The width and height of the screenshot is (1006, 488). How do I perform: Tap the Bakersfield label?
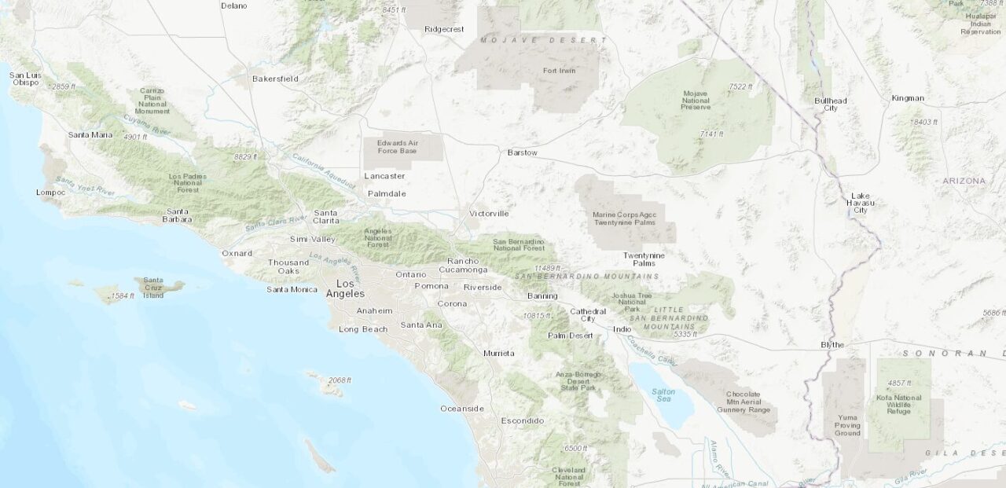275,79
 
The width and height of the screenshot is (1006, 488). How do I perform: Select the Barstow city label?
523,152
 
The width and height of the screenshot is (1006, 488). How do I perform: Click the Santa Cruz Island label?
153,288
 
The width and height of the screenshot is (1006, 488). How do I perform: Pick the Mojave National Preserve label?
696,100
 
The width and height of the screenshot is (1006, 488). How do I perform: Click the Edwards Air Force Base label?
397,146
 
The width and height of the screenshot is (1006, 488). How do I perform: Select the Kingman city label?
908,98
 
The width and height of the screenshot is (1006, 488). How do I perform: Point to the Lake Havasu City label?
861,203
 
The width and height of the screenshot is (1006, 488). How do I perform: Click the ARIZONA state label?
964,181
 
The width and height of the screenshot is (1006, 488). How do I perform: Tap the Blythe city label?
832,345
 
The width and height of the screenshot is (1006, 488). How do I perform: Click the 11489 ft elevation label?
547,268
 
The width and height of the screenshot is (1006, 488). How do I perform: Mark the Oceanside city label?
461,409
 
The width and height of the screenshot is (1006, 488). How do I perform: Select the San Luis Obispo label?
25,79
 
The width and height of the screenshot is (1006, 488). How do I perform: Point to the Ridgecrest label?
444,29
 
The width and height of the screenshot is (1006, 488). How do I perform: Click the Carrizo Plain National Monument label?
152,101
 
